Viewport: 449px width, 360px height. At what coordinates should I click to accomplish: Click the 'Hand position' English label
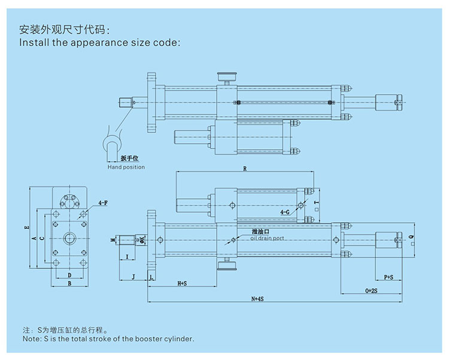pyautogui.click(x=126, y=167)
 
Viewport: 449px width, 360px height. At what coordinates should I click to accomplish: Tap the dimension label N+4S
pyautogui.click(x=258, y=298)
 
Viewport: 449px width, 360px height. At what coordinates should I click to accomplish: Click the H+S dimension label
pyautogui.click(x=181, y=282)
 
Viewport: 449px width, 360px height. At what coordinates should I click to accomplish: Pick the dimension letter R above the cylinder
pyautogui.click(x=244, y=169)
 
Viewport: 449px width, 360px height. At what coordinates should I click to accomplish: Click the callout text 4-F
pyautogui.click(x=103, y=204)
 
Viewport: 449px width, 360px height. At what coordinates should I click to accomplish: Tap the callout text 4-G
pyautogui.click(x=286, y=213)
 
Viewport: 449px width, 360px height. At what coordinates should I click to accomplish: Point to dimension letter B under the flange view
pyautogui.click(x=69, y=283)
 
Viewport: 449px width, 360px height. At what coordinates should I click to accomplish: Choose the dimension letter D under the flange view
pyautogui.click(x=69, y=275)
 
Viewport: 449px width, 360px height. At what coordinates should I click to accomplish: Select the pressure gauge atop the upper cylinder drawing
pyautogui.click(x=226, y=75)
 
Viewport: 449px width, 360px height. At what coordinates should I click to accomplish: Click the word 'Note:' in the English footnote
pyautogui.click(x=31, y=338)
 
